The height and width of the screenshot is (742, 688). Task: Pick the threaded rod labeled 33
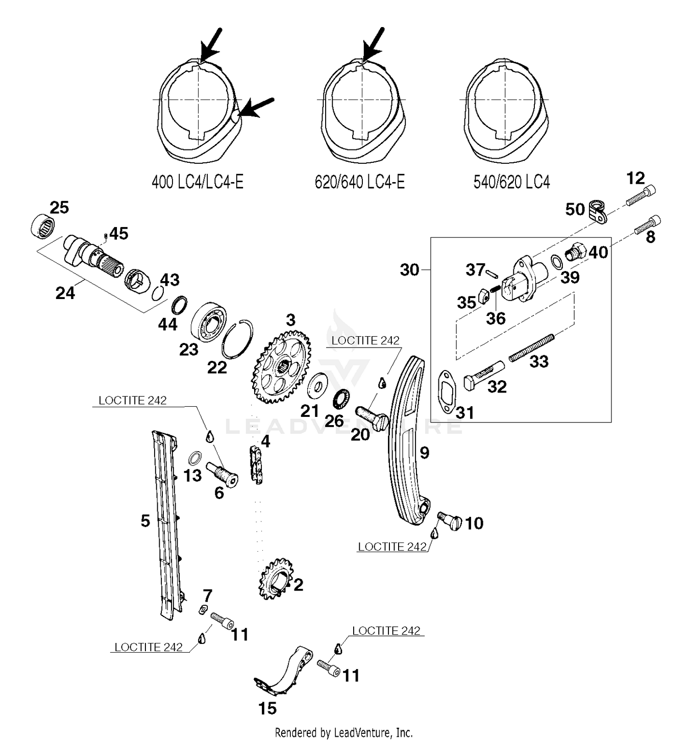pyautogui.click(x=532, y=347)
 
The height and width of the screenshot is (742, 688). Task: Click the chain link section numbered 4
pyautogui.click(x=256, y=465)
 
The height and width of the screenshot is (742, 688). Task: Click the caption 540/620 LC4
pyautogui.click(x=511, y=182)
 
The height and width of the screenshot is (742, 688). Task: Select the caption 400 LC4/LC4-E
pyautogui.click(x=197, y=182)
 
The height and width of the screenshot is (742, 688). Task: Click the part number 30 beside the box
pyautogui.click(x=410, y=270)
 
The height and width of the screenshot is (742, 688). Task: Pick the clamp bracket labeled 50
pyautogui.click(x=598, y=210)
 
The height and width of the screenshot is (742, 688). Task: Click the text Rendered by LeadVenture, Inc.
pyautogui.click(x=344, y=732)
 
